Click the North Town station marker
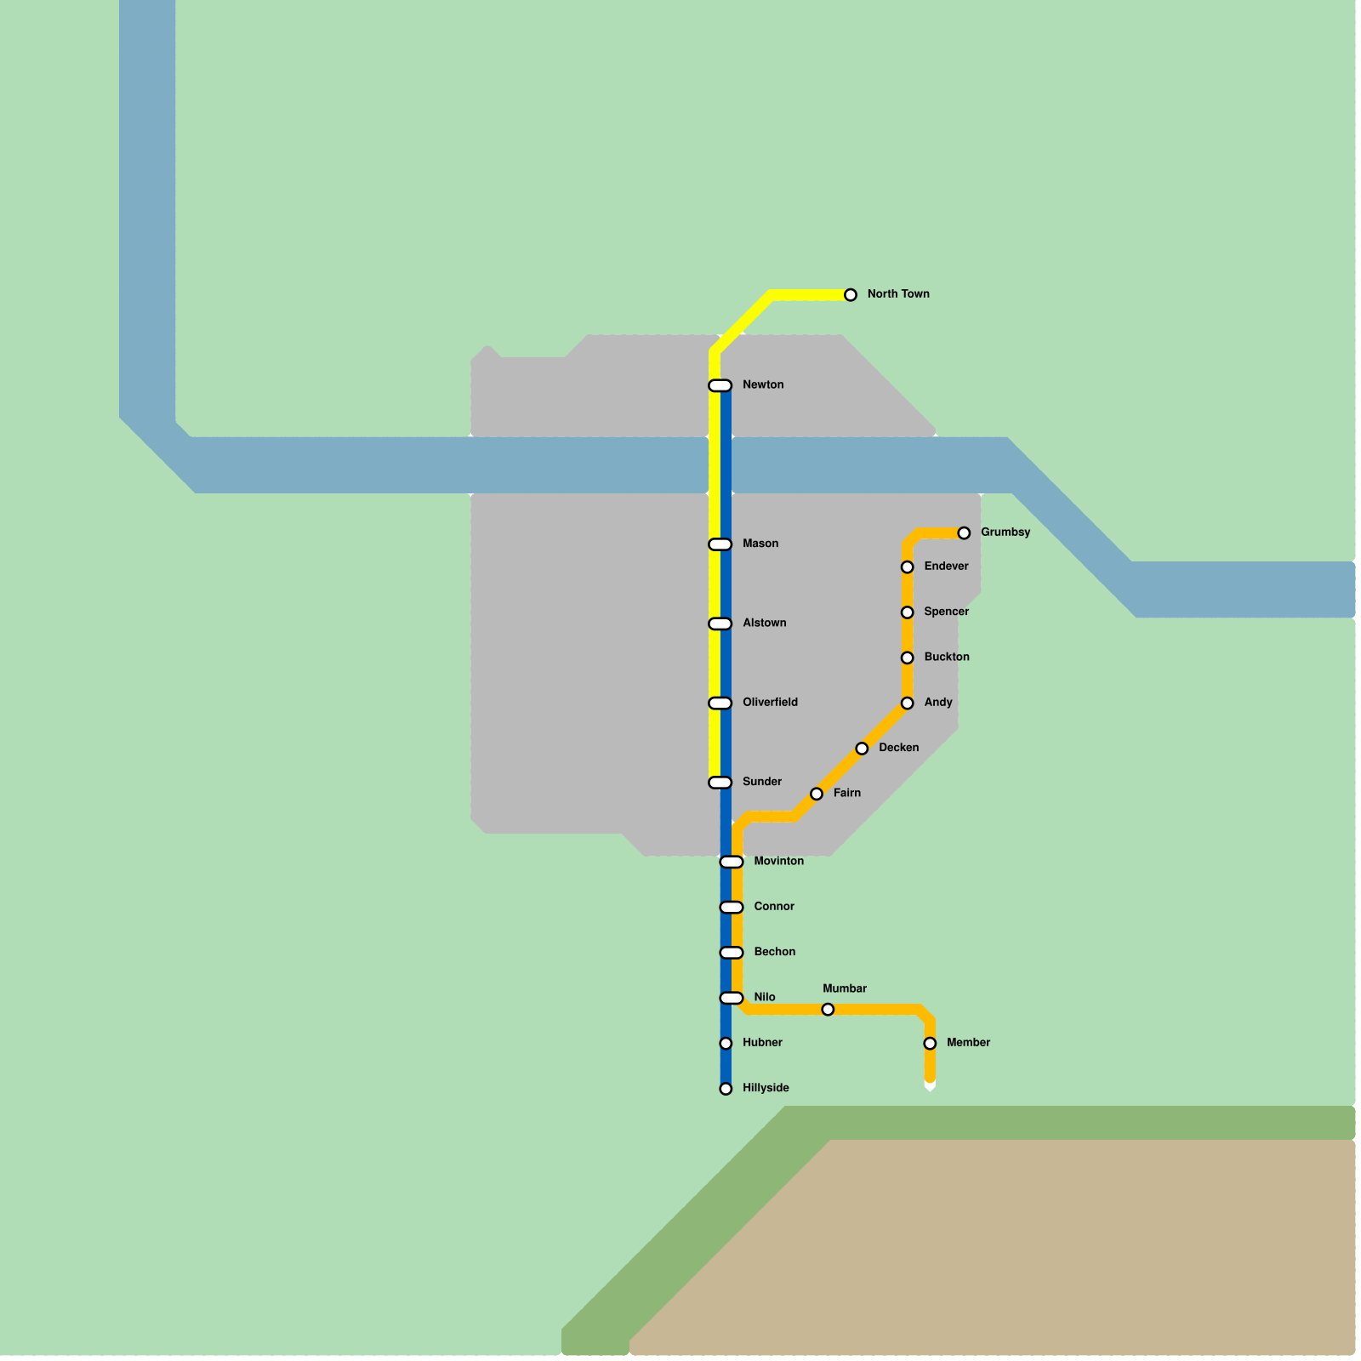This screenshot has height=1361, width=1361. click(850, 295)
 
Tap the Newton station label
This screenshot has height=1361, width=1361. click(762, 384)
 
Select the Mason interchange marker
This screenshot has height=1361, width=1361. click(720, 544)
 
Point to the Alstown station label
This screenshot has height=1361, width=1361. click(764, 623)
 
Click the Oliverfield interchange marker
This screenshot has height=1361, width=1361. click(720, 703)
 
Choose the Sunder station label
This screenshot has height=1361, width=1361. click(761, 782)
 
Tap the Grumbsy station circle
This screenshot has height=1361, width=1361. click(964, 533)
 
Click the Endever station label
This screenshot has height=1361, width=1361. click(946, 567)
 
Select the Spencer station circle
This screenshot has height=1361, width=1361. click(908, 612)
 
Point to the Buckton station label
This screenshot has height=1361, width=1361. click(947, 657)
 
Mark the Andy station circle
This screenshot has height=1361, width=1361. click(908, 703)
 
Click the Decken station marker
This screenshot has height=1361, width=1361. click(862, 749)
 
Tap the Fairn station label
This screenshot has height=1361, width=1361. click(846, 793)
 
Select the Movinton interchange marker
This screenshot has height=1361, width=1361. click(732, 863)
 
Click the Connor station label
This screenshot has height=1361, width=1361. click(774, 907)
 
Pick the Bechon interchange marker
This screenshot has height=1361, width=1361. click(732, 953)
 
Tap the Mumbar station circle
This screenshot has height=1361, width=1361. click(828, 1010)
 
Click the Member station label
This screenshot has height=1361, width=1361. click(968, 1043)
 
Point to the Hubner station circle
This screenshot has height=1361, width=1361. click(726, 1044)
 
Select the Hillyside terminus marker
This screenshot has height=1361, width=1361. click(726, 1089)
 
